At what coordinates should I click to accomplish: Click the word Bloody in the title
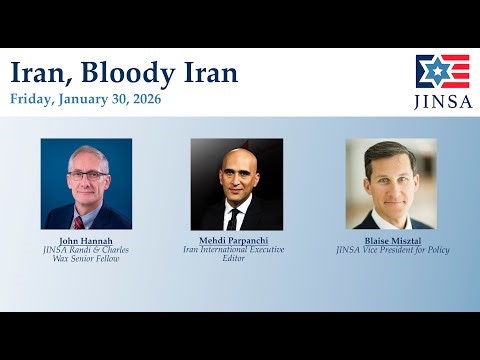pyautogui.click(x=112, y=73)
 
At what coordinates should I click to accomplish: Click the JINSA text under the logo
pyautogui.click(x=442, y=101)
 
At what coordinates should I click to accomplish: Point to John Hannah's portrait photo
pyautogui.click(x=86, y=183)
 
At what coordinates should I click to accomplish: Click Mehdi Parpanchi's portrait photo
pyautogui.click(x=236, y=183)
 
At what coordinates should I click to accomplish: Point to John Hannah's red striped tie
pyautogui.click(x=78, y=221)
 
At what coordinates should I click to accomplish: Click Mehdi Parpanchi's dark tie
pyautogui.click(x=233, y=219)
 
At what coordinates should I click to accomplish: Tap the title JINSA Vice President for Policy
pyautogui.click(x=392, y=250)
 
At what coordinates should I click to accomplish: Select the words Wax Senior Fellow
pyautogui.click(x=86, y=258)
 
